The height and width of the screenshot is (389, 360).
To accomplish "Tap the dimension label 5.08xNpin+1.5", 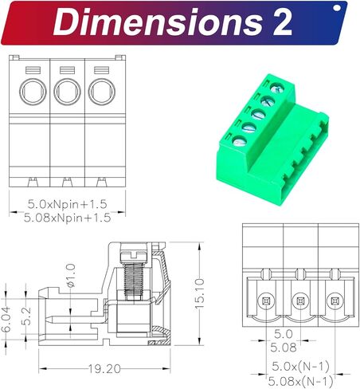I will pos(65,216).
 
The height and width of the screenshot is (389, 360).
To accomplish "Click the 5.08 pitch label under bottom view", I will pos(284,347).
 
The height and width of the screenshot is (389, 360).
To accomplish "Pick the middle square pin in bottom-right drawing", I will pos(300,301).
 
